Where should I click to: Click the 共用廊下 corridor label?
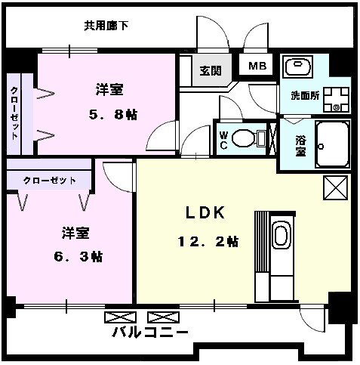[106, 26]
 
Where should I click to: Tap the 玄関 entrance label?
[211, 72]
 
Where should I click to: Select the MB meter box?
[258, 66]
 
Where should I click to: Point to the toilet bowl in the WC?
[245, 138]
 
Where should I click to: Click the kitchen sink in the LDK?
[281, 235]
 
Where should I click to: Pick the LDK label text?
[206, 213]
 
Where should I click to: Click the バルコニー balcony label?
[150, 333]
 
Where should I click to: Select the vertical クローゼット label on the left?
[15, 113]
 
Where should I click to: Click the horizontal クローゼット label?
[48, 181]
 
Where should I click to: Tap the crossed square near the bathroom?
[334, 186]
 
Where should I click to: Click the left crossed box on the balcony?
[119, 316]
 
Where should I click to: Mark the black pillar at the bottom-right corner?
[340, 307]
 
